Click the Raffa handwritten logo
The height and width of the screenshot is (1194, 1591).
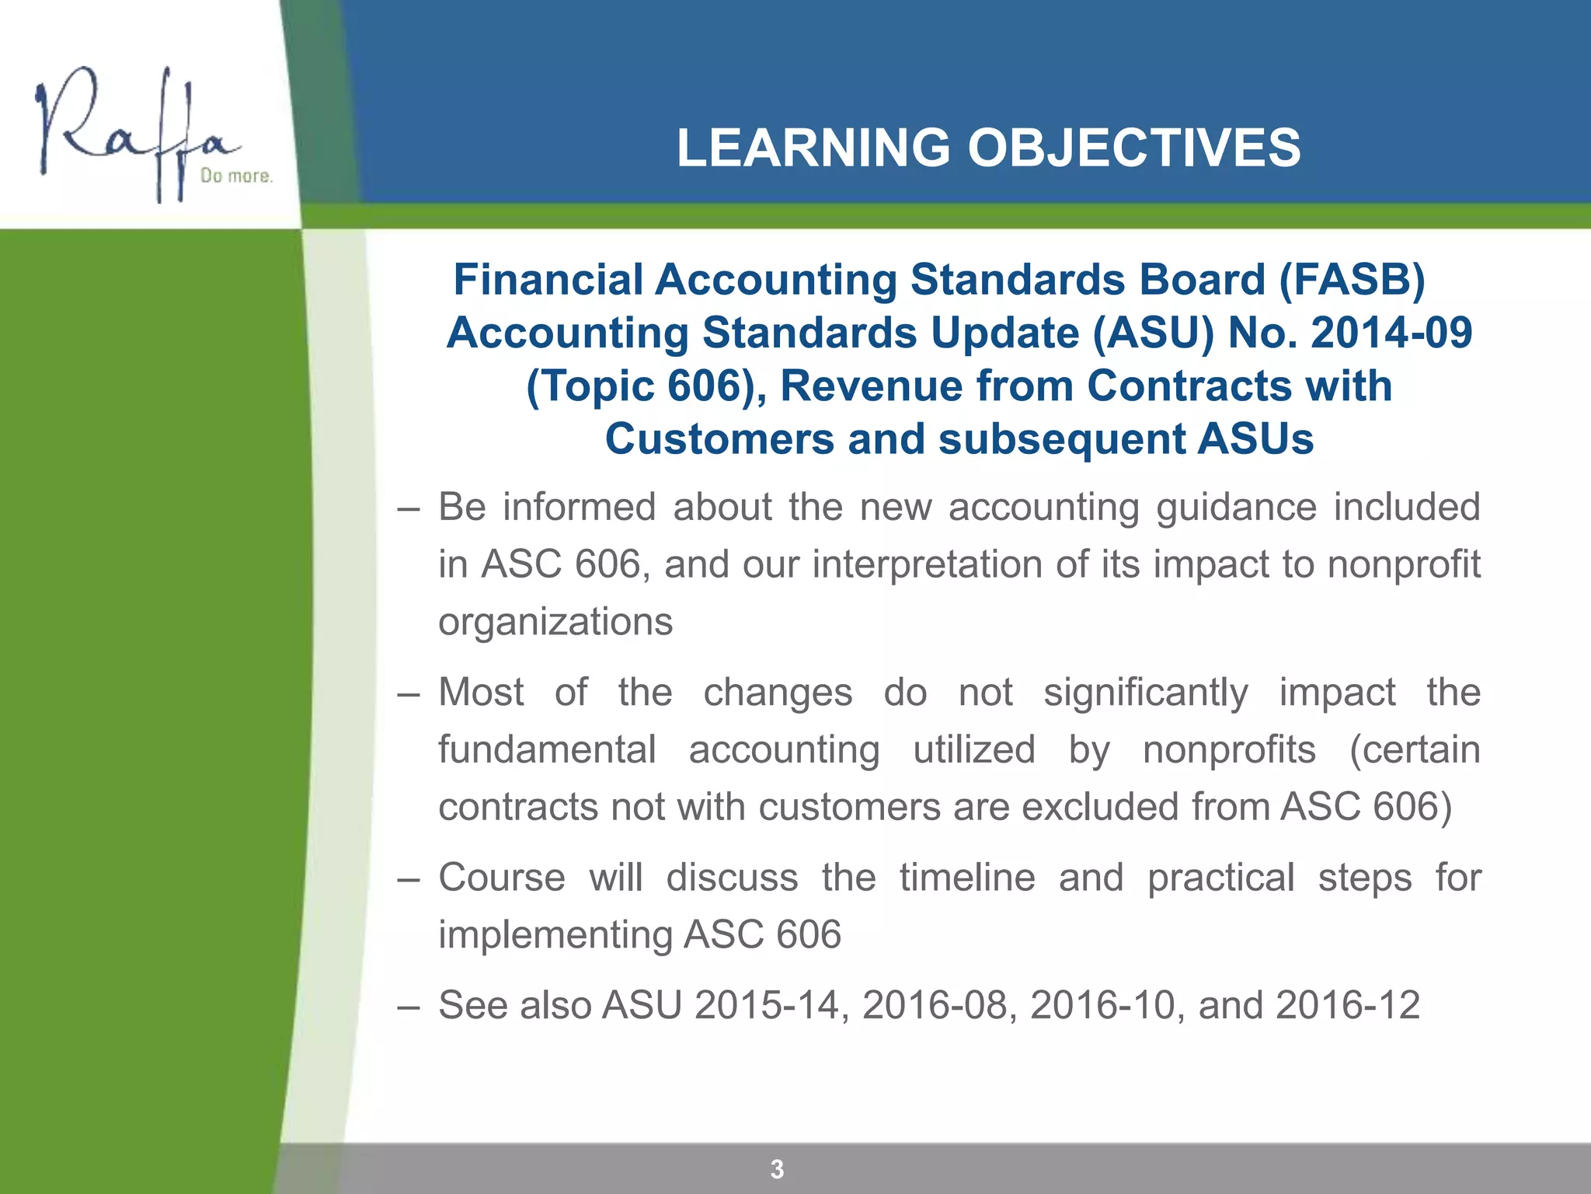pos(136,132)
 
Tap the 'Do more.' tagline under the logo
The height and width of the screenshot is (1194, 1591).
pos(236,176)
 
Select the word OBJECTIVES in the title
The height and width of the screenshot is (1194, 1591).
pos(1133,148)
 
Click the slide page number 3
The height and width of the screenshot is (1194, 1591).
pos(777,1168)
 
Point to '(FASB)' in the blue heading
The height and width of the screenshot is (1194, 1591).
pos(1352,280)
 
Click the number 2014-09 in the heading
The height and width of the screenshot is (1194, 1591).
pos(1391,333)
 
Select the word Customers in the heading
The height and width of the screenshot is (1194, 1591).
pos(719,439)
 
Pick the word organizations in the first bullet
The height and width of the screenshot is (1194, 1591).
pos(555,622)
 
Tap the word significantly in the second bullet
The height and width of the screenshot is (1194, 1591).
pos(1146,692)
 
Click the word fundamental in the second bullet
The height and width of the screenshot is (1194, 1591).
pos(548,749)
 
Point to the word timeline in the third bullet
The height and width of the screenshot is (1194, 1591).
pos(967,878)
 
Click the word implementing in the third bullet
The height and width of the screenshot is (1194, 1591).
pos(555,934)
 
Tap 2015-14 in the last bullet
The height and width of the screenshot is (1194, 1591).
pos(767,1005)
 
